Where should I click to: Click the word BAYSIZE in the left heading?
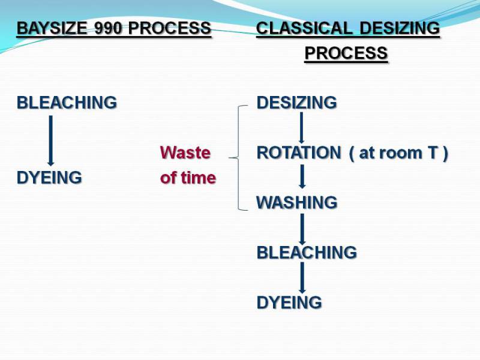coord(52,28)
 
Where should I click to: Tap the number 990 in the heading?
coord(109,28)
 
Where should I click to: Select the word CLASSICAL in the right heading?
coord(305,28)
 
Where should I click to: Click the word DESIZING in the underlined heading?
coord(400,28)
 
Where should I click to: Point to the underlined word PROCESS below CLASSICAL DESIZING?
coord(346,53)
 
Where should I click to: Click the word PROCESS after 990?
coord(170,28)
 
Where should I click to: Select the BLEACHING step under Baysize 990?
coord(67,102)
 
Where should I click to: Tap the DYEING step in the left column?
coord(49,178)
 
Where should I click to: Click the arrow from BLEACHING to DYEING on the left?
coord(51,140)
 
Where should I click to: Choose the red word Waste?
coord(185,152)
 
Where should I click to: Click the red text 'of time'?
coord(188,178)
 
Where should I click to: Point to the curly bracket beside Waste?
coord(238,158)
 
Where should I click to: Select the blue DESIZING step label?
coord(296,102)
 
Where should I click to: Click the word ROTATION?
coord(299,152)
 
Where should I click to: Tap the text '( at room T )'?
coord(398,152)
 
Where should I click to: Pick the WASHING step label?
coord(297,202)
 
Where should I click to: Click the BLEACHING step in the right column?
coord(307,253)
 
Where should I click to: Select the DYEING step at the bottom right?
coord(289,302)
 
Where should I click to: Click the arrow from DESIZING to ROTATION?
coord(302,128)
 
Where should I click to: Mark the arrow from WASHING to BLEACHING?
coord(302,229)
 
